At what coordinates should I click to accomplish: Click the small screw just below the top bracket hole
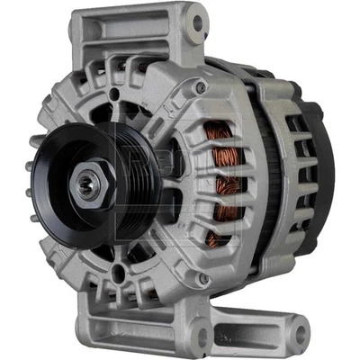pyautogui.click(x=200, y=87)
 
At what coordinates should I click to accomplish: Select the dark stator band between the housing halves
pyautogui.click(x=261, y=180)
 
